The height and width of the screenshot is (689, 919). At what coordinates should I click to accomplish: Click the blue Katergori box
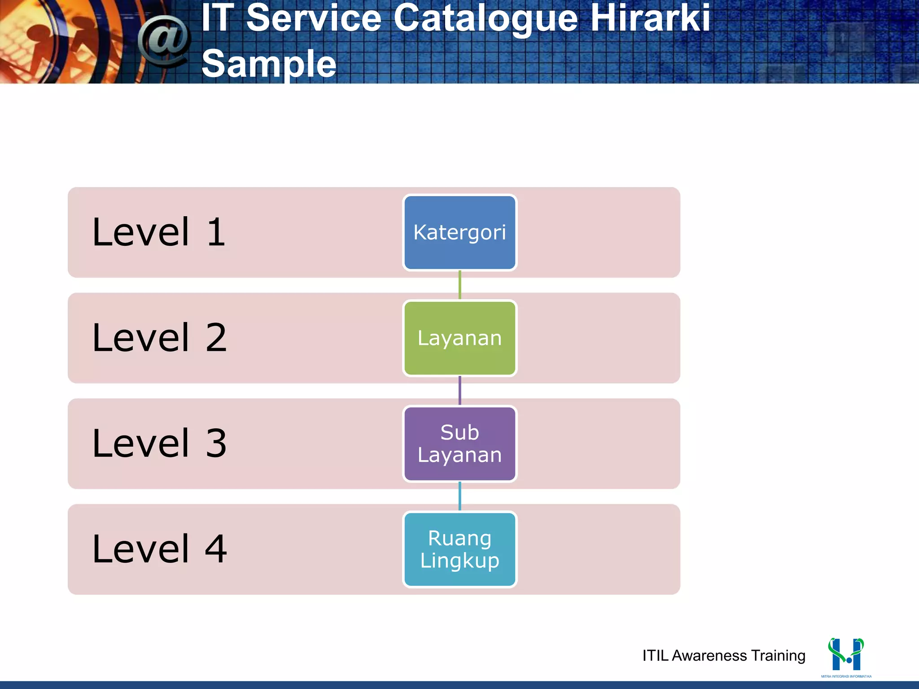459,232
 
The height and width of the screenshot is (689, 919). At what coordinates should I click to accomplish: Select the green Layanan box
459,338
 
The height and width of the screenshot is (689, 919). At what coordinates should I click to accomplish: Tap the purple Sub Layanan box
459,444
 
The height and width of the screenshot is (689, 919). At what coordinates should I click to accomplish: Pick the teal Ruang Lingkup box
459,549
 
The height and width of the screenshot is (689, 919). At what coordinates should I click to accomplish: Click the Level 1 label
158,232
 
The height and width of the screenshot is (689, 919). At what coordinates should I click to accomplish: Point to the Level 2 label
159,338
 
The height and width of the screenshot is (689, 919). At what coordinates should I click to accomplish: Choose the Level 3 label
159,443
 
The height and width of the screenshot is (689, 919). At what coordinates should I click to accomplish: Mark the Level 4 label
159,549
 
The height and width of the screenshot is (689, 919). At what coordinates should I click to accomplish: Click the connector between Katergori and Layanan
459,285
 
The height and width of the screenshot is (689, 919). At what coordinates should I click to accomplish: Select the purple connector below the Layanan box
459,391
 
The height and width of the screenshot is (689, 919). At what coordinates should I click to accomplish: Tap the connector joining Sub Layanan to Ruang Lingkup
459,497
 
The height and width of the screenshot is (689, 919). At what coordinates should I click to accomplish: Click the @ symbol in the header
164,41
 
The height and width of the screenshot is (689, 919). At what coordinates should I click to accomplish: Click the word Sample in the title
269,64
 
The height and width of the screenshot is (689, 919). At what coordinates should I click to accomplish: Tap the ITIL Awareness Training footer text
723,655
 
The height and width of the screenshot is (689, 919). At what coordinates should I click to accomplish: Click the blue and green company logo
846,655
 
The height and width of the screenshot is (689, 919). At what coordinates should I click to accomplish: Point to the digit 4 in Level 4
216,549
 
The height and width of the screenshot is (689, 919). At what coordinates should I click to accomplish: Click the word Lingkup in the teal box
459,561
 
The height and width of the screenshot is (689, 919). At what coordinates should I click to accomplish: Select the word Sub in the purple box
459,432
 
